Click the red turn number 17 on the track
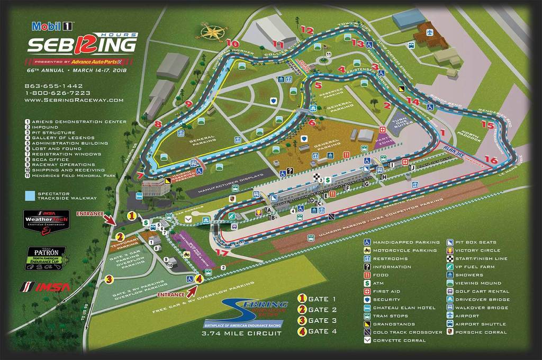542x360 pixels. (x=223, y=253)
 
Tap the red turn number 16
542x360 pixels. (x=491, y=159)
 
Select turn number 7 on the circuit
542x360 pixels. (x=140, y=175)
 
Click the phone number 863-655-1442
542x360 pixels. (x=54, y=86)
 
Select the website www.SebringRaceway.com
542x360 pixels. (x=74, y=100)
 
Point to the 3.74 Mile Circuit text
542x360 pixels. (x=241, y=334)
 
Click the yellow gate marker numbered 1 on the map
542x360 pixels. (x=132, y=215)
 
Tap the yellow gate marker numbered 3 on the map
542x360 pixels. (x=109, y=279)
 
